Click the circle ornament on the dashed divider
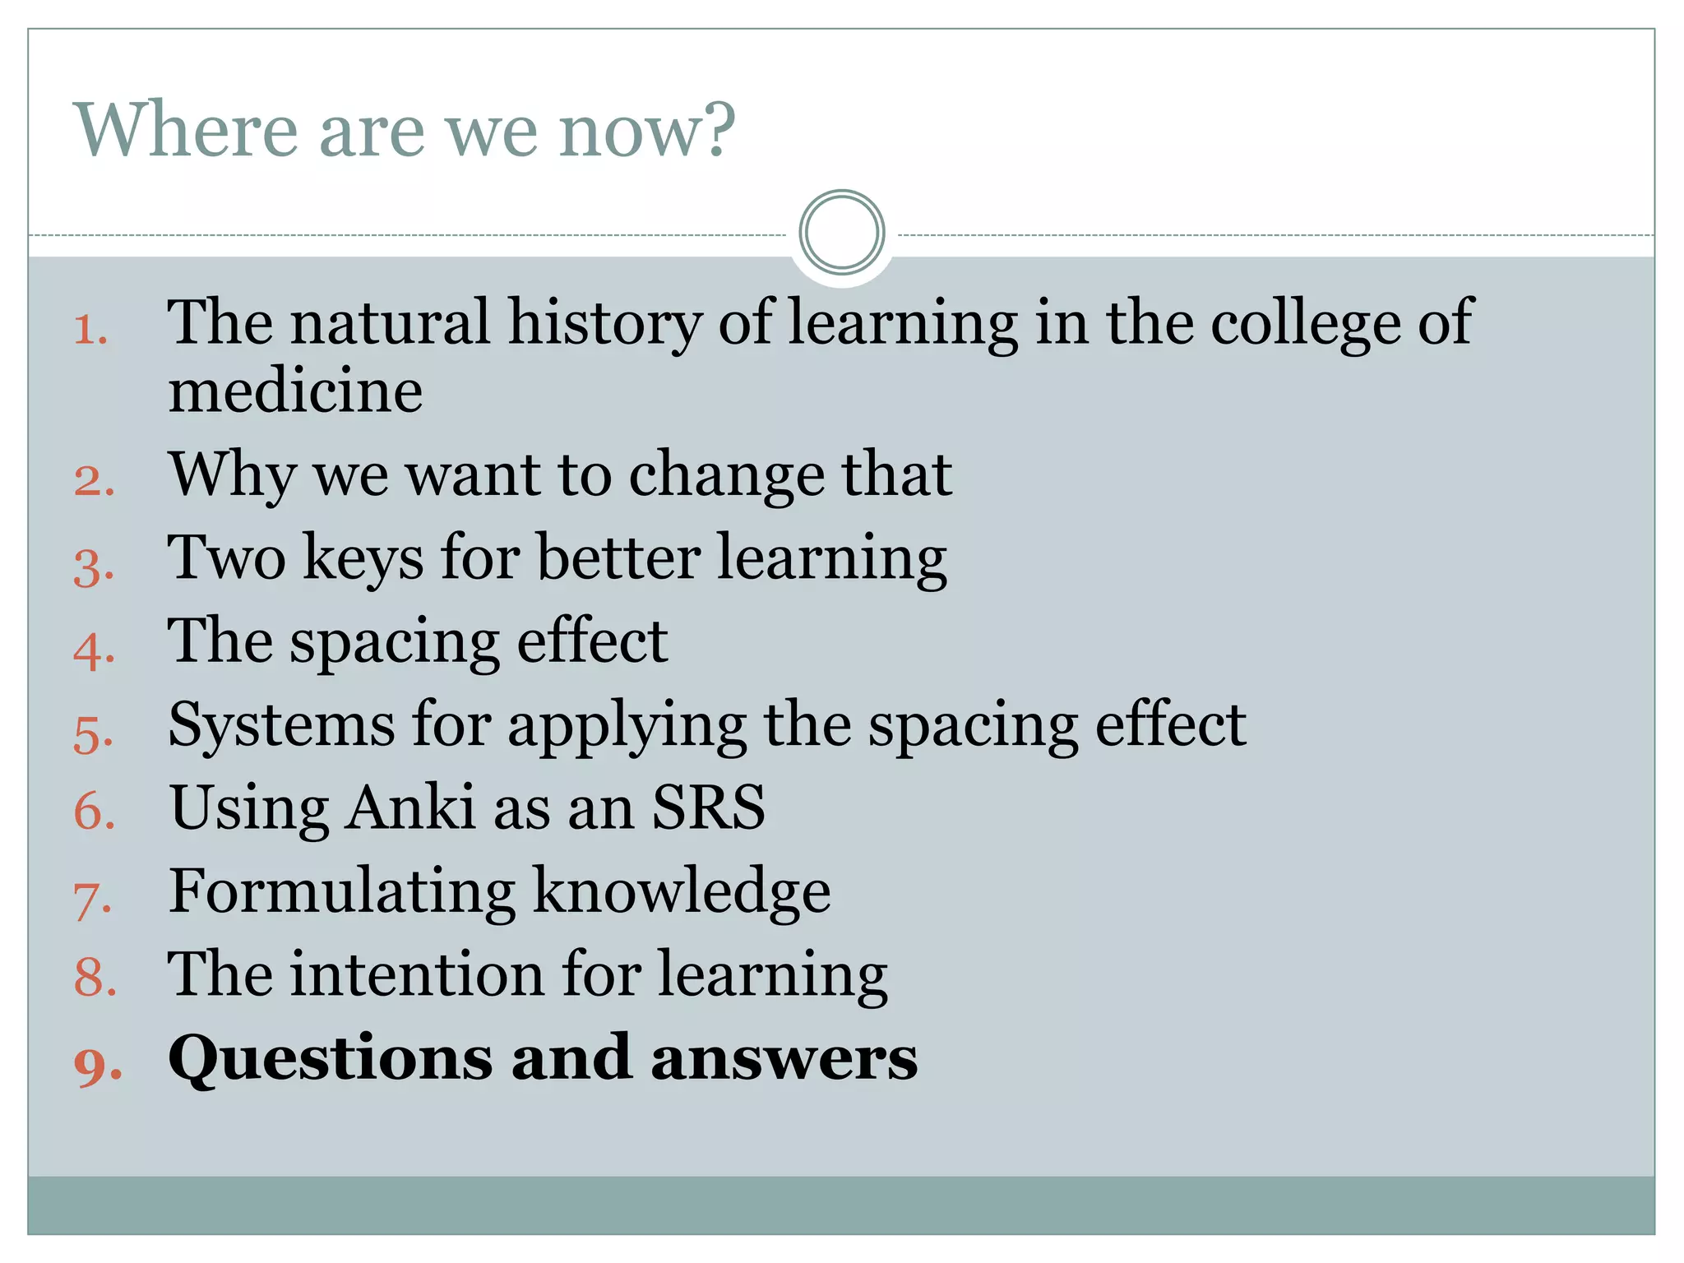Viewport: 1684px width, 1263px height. pyautogui.click(x=841, y=233)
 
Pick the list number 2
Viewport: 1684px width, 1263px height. pyautogui.click(x=94, y=481)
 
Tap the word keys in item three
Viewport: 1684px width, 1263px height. pyautogui.click(x=364, y=560)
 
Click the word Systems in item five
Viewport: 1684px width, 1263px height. pyautogui.click(x=281, y=726)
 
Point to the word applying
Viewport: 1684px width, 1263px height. pyautogui.click(x=627, y=728)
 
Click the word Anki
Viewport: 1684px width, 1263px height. pyautogui.click(x=409, y=807)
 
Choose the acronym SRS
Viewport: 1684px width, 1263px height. pyautogui.click(x=708, y=807)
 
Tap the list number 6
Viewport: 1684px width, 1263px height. pyautogui.click(x=94, y=812)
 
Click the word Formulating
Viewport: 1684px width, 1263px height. pyautogui.click(x=342, y=893)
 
